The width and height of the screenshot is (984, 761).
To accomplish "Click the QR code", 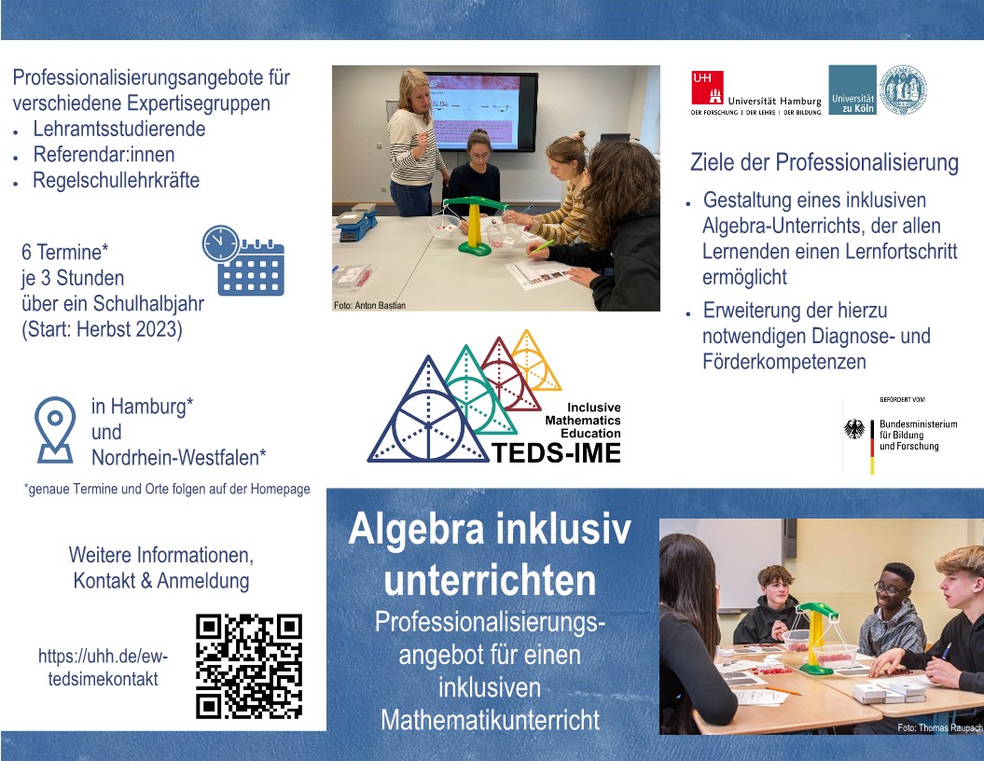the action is click(x=249, y=666).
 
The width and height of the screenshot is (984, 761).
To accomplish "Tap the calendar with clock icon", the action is click(x=243, y=260).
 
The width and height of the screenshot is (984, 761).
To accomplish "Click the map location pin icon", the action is click(x=55, y=430).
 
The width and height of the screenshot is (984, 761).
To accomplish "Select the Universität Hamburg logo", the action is click(x=756, y=93).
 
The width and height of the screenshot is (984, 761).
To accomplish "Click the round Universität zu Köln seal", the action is click(x=903, y=90).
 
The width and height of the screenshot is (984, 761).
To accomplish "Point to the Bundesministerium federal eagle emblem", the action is click(x=853, y=429).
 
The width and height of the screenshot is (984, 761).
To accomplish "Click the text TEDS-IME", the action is click(x=556, y=453).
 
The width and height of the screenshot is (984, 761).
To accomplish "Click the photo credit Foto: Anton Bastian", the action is click(x=369, y=306).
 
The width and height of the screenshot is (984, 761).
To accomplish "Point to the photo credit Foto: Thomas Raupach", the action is click(x=939, y=727).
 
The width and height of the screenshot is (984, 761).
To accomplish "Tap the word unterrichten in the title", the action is click(x=490, y=580).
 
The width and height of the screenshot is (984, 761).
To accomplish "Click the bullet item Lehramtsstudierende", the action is click(x=119, y=130).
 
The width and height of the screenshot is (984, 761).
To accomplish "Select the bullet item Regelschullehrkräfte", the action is click(x=116, y=181).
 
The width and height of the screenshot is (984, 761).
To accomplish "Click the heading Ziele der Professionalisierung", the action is click(x=824, y=162).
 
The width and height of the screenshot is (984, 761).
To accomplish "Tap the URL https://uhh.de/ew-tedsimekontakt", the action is click(x=103, y=668).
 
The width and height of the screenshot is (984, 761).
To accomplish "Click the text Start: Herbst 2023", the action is click(x=104, y=329).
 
